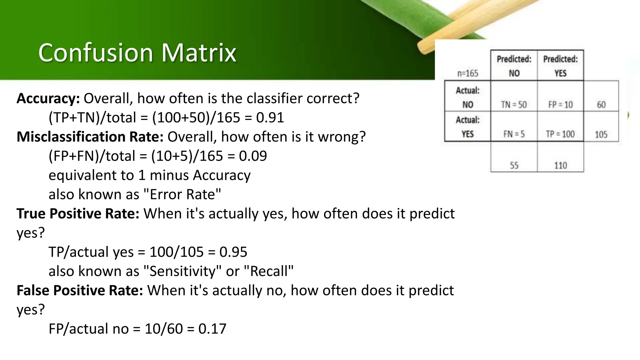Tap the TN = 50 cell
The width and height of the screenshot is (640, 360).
tap(514, 104)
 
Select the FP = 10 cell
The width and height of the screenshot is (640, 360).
tap(560, 104)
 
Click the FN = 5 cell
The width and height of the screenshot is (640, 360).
tap(514, 134)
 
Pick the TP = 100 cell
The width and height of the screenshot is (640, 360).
tap(560, 134)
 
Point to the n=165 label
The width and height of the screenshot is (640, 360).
tap(467, 73)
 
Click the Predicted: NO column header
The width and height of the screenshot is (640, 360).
tap(514, 66)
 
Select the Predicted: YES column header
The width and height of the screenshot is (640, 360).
tap(560, 66)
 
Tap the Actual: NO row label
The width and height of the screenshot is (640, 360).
tap(467, 97)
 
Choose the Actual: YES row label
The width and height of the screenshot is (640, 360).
tap(467, 127)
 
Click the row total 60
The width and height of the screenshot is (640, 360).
tap(601, 104)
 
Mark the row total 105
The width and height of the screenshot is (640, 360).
tap(601, 135)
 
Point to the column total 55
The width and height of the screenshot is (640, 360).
tap(514, 165)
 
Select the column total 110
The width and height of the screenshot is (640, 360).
tap(560, 165)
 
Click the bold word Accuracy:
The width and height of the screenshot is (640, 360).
tap(48, 98)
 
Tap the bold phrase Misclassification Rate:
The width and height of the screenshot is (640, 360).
tap(90, 137)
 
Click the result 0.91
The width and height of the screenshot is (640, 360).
tap(270, 118)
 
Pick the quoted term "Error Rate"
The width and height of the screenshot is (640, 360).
tap(182, 194)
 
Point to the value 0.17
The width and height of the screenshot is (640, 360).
tap(212, 329)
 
